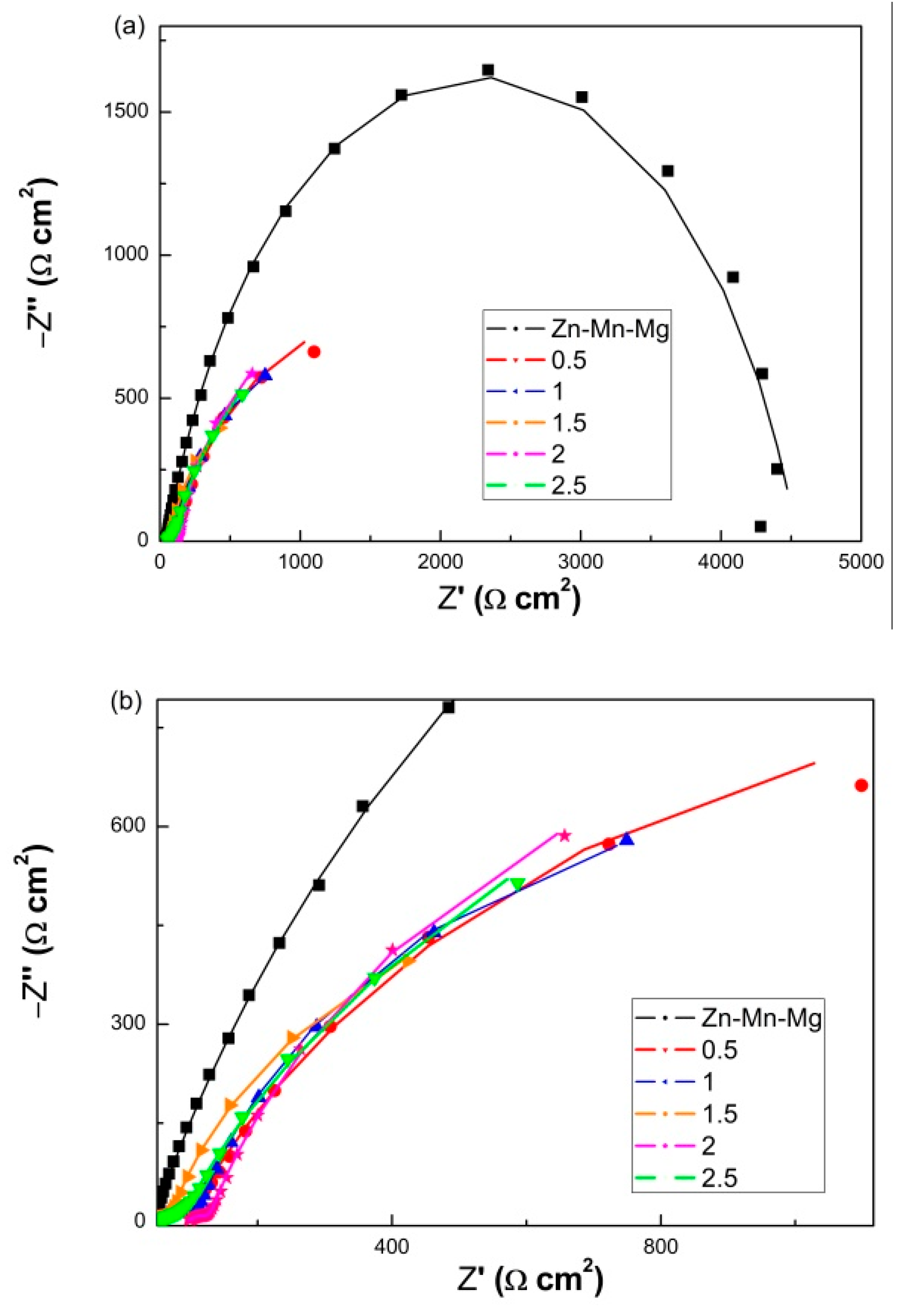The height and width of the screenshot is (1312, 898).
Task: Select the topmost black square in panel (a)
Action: click(x=488, y=70)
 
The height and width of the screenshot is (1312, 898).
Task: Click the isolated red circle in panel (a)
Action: click(x=314, y=352)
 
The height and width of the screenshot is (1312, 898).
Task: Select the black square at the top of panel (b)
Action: click(x=449, y=707)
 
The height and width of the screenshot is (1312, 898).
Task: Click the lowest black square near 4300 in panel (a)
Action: click(x=760, y=526)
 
